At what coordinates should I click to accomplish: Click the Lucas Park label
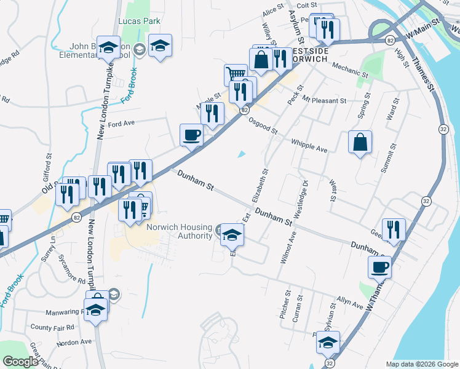(139, 21)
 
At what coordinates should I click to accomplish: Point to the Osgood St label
(263, 125)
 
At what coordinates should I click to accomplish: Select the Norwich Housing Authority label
(179, 231)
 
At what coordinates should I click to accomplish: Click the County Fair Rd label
(52, 327)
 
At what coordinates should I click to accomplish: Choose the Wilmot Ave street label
(288, 247)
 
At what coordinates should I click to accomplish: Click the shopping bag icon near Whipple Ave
(360, 143)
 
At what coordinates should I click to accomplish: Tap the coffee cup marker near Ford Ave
(191, 135)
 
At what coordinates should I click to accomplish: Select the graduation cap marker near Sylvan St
(328, 342)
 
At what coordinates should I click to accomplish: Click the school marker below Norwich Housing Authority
(232, 234)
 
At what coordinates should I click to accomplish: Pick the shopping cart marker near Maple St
(234, 75)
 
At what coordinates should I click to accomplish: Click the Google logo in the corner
(20, 362)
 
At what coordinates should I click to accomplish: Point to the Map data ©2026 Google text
(422, 364)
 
